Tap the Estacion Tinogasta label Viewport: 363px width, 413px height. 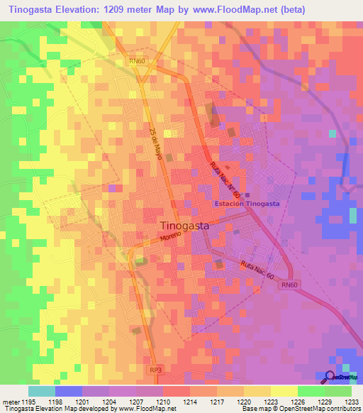pyautogui.click(x=247, y=204)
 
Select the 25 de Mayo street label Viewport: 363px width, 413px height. pyautogui.click(x=155, y=143)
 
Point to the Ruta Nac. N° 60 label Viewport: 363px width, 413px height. pyautogui.click(x=225, y=181)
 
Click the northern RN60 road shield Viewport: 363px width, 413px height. pyautogui.click(x=138, y=62)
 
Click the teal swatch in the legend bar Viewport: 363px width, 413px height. pyautogui.click(x=41, y=391)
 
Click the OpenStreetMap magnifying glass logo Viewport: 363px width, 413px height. pyautogui.click(x=331, y=378)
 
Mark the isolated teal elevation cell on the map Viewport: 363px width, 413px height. pyautogui.click(x=332, y=133)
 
